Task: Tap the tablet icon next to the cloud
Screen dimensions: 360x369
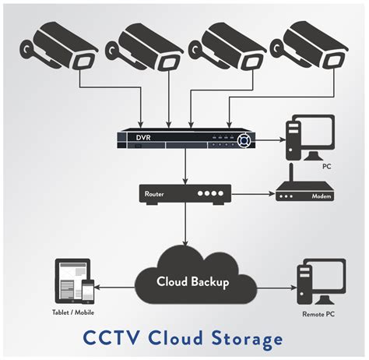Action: point(71,281)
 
